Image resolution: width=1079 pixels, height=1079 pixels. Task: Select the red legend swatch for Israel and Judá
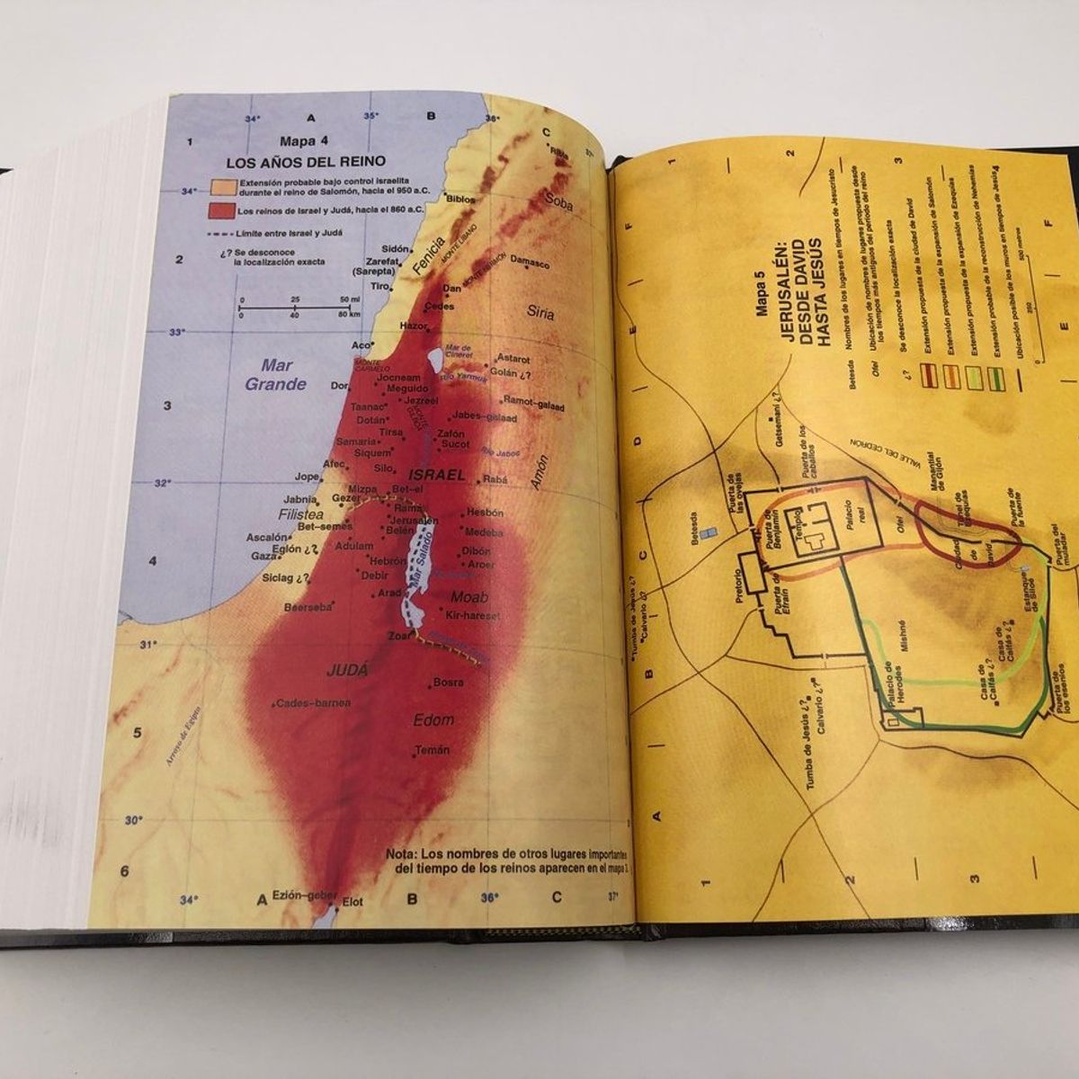pos(220,211)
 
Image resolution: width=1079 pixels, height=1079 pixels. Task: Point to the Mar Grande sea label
pos(277,374)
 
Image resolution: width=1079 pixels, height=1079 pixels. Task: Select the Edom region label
pos(433,720)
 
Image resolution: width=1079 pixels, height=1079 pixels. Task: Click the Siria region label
pos(541,313)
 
